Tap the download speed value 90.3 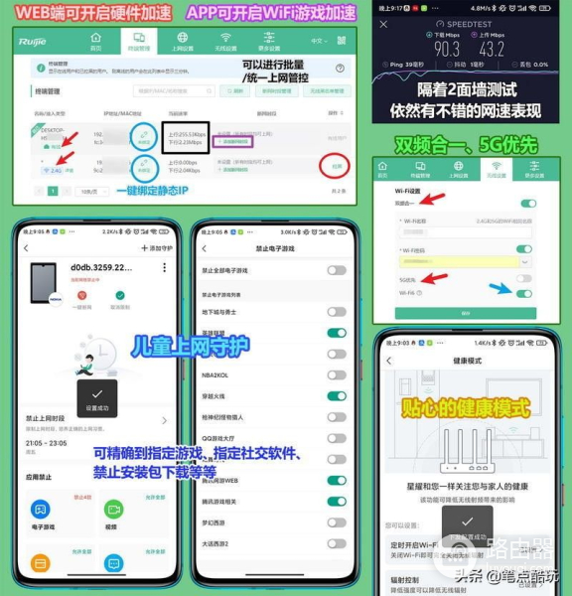[418, 48]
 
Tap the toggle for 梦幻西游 [338, 523]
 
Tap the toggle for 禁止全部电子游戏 [338, 270]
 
